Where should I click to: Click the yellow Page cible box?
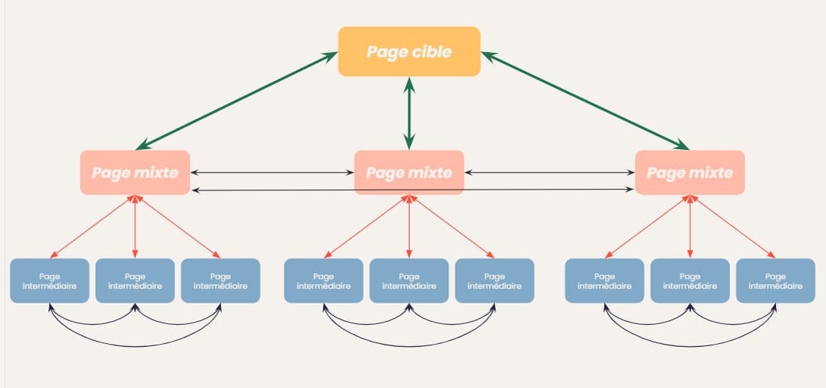409,51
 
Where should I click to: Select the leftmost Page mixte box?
135,173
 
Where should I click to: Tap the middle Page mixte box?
409,173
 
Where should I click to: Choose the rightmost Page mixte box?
689,173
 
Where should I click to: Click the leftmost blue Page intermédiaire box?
49,281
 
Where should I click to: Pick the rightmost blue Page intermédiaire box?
775,281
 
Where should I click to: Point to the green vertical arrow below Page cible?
409,113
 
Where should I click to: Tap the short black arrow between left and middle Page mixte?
272,173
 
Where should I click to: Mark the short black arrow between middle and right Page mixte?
549,173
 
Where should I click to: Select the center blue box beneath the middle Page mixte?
409,281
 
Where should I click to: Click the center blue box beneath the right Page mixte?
689,281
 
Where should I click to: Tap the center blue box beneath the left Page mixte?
135,281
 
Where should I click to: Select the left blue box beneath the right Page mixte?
604,281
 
